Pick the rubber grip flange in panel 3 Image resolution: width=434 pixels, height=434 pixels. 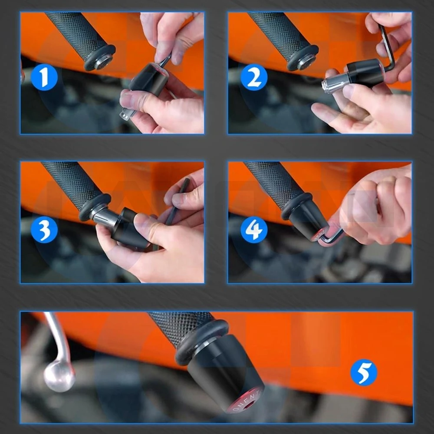click(93, 206)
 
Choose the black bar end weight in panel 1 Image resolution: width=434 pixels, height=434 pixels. click(150, 78)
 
